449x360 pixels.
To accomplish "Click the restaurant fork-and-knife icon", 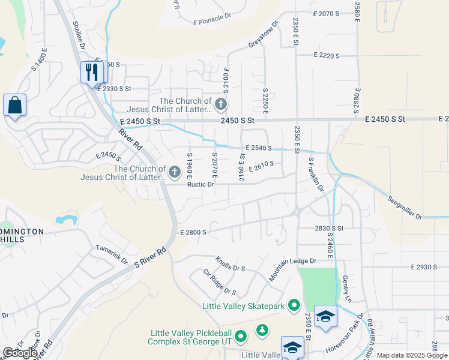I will coord(92,73).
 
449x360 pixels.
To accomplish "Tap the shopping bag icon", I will coord(14,106).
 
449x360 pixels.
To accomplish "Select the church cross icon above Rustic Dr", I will coord(175,173).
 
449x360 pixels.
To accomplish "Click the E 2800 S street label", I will coord(193,232).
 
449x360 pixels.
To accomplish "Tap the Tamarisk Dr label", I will coord(112,254).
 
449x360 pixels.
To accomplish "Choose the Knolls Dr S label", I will coord(231,264).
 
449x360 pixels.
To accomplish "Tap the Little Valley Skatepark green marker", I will coord(294,306).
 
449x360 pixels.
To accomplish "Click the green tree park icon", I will coord(262,329).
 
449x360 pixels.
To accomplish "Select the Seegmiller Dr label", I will coord(405,208).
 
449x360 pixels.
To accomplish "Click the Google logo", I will coord(19,353).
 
